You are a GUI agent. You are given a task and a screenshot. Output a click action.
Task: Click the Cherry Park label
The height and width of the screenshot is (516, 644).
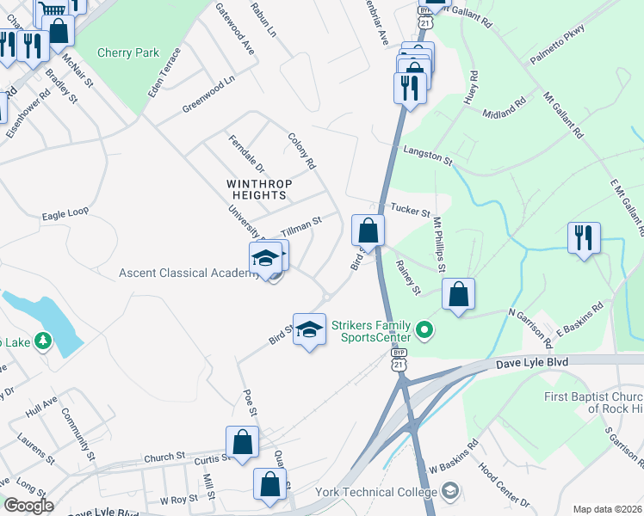tap(128, 52)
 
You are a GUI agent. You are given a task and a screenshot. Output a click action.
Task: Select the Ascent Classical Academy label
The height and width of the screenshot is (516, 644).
tap(189, 273)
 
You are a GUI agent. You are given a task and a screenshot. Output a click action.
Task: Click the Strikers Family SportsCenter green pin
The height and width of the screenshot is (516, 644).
tap(424, 329)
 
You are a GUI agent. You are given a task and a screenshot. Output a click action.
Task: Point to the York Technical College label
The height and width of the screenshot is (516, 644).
tap(385, 492)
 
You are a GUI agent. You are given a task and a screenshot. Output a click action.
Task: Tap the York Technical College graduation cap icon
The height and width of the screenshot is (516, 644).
tap(449, 491)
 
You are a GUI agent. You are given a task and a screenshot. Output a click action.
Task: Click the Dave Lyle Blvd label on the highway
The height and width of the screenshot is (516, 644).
tap(532, 364)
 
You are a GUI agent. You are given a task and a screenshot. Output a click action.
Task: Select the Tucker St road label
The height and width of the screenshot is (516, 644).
tap(410, 208)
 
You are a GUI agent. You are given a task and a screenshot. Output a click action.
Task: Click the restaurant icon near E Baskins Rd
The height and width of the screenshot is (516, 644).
tap(584, 238)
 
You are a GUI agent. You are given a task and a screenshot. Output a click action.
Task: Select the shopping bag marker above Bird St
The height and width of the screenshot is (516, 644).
tap(368, 230)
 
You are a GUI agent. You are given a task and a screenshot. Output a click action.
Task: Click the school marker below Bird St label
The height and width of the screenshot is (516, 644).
tap(310, 329)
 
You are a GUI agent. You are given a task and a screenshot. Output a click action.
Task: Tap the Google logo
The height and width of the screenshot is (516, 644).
tap(28, 505)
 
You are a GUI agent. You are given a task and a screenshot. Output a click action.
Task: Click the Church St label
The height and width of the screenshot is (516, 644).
tap(165, 456)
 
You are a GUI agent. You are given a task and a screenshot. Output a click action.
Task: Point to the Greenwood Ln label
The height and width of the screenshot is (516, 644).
tap(208, 96)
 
